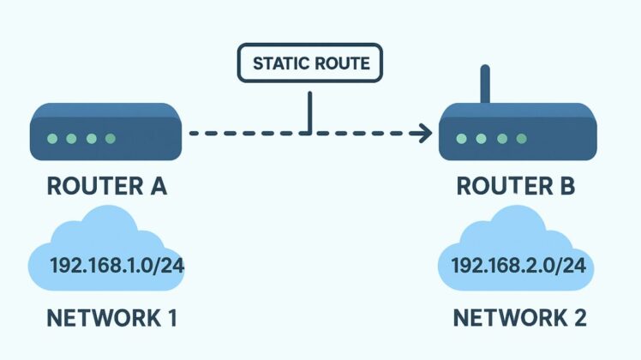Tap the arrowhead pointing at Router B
pos(421,133)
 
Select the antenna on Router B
pos(486,84)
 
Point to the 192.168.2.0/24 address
pos(518,266)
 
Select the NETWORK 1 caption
pos(111,319)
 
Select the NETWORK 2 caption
pos(519,319)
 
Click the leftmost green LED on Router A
pos(52,138)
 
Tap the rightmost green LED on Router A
pos(109,138)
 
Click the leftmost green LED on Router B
pos(462,138)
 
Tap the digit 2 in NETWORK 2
pos(578,319)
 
